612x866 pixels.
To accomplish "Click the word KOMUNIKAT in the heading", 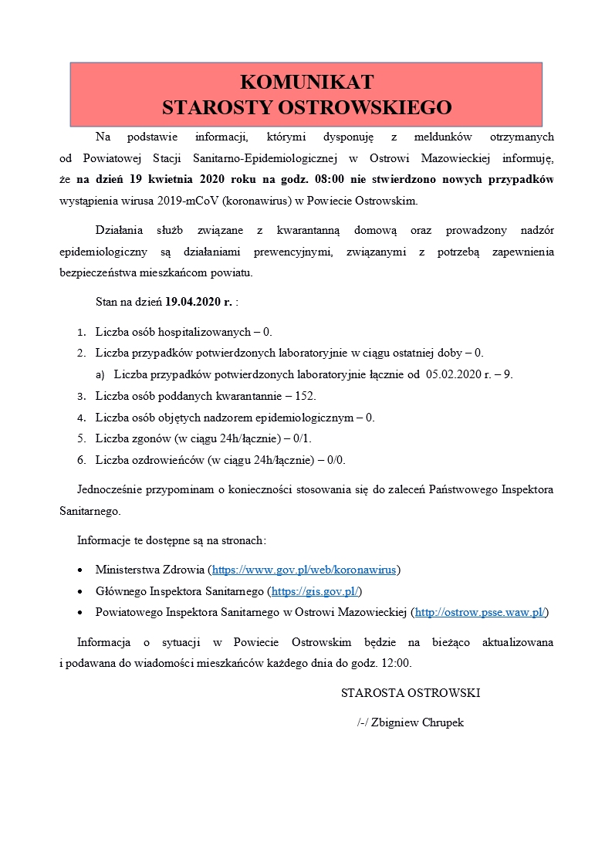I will (x=306, y=83).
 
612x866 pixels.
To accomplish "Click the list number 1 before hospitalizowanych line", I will (x=81, y=333).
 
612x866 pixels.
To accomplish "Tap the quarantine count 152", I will (x=306, y=396).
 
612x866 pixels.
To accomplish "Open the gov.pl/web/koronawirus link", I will (x=304, y=570).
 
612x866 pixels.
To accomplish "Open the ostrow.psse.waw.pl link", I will (x=481, y=612).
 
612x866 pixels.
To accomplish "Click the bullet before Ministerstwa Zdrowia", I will (x=81, y=570).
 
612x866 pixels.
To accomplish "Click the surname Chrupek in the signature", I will (x=439, y=722).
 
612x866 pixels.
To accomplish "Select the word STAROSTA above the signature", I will (x=367, y=693).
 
